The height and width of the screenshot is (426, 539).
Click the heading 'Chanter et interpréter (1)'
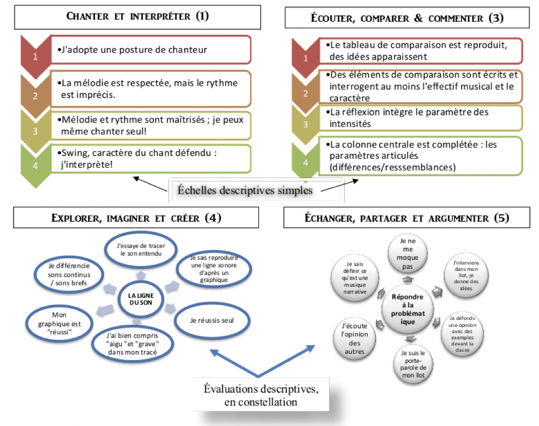click(x=138, y=16)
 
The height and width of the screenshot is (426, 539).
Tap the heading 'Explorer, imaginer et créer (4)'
click(x=136, y=218)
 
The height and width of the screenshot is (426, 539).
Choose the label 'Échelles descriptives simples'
click(x=257, y=190)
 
